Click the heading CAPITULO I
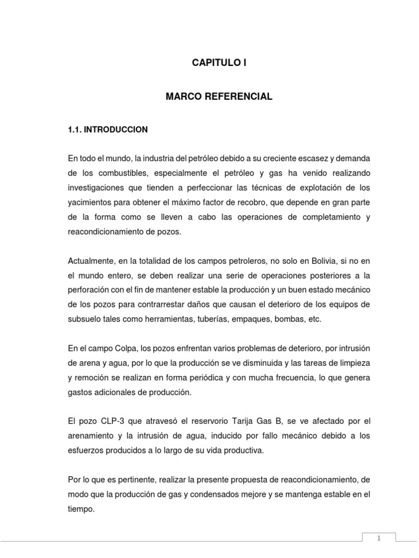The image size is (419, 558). coord(219,63)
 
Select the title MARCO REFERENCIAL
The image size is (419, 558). coord(219,96)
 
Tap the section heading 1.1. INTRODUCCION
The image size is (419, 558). coord(107,130)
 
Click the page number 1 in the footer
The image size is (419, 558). coord(379,538)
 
